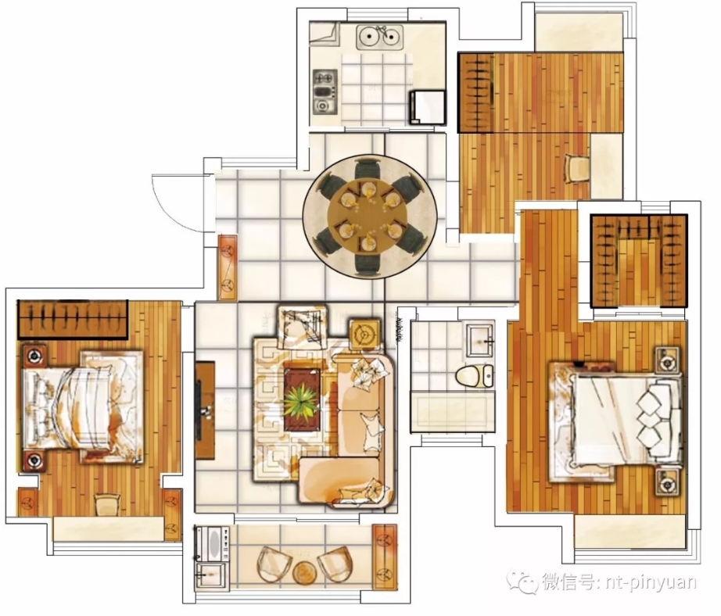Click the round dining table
[369, 215]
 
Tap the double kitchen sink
[380, 37]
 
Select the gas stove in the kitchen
[325, 92]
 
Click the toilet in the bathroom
[474, 375]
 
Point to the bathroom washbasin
[479, 340]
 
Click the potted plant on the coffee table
[302, 403]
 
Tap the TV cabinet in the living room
[205, 410]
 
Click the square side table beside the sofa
[364, 335]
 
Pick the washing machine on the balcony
[212, 544]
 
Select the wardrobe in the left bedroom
[73, 320]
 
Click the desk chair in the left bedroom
[108, 505]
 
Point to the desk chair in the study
[576, 169]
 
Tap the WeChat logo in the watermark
[523, 582]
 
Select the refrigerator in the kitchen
[428, 107]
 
